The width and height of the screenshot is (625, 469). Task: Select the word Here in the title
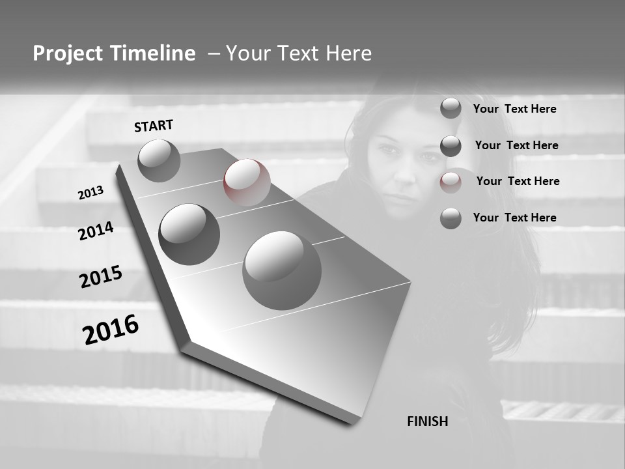(x=348, y=53)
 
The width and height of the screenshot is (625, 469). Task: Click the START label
(x=154, y=126)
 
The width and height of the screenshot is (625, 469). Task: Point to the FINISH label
(x=428, y=421)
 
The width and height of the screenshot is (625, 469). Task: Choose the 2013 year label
(x=90, y=193)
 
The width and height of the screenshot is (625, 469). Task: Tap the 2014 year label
(x=96, y=231)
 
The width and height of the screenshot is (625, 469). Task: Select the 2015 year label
(x=100, y=277)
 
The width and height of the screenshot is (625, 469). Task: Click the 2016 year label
(x=111, y=329)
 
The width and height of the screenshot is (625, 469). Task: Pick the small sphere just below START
(x=159, y=160)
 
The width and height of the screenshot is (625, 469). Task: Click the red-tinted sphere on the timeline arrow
(x=247, y=182)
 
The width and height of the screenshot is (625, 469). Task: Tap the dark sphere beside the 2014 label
(x=189, y=234)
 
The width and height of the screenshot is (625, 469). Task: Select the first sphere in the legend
(x=451, y=108)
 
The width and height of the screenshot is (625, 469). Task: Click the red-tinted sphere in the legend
(x=451, y=182)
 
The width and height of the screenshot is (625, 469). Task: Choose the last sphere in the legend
(x=451, y=218)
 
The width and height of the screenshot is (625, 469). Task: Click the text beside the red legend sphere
(x=518, y=181)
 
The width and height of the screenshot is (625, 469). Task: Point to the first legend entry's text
(x=514, y=109)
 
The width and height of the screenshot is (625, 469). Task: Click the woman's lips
(x=399, y=196)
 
